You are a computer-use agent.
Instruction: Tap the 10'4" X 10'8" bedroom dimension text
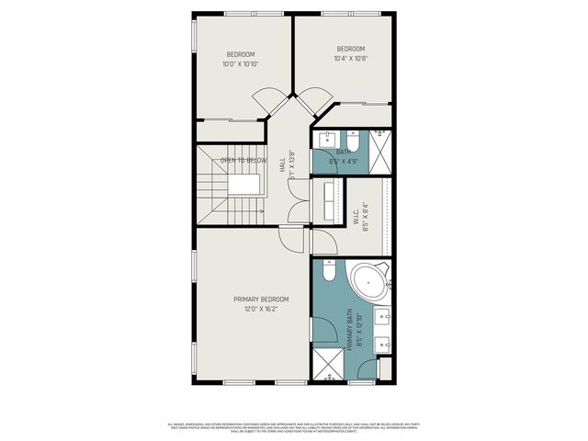(350, 59)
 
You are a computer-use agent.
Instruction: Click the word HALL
(281, 166)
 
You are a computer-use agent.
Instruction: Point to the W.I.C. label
(355, 219)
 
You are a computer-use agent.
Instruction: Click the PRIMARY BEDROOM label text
(261, 300)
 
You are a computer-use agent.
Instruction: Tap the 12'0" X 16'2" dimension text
(261, 310)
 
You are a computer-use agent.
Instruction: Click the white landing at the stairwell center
(243, 184)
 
